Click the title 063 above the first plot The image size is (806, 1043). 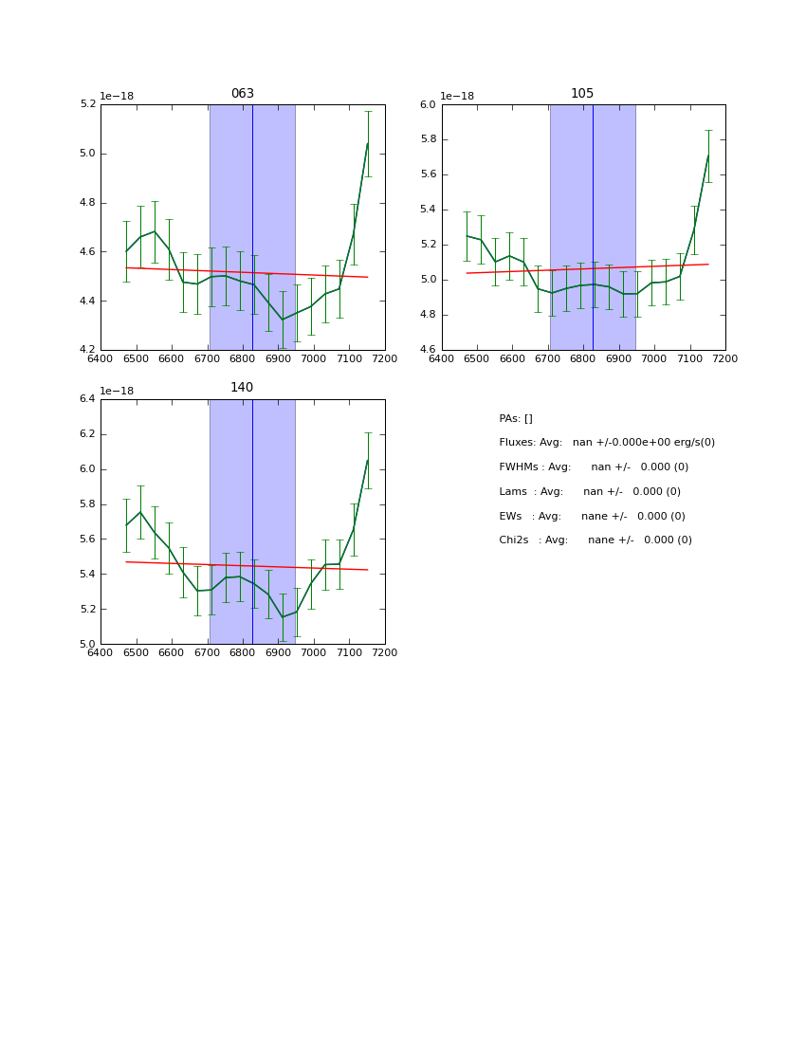tap(242, 94)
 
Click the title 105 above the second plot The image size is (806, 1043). tap(582, 94)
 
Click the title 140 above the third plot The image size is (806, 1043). tap(242, 388)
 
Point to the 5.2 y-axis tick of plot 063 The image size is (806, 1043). tap(86, 104)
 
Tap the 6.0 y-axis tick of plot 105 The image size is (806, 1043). tap(428, 104)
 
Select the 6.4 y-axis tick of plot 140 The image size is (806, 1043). tap(86, 399)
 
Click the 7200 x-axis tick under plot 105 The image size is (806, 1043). tap(725, 358)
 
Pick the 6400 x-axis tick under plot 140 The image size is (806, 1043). tap(101, 652)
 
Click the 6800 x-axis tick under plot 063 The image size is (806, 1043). tap(243, 358)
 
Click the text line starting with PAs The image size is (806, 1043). tap(516, 418)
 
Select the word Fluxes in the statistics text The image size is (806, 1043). tap(517, 443)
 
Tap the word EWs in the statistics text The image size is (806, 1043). tap(510, 516)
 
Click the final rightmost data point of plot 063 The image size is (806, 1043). tap(368, 144)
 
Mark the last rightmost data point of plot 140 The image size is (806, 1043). tap(368, 461)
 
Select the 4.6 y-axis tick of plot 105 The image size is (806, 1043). tap(428, 350)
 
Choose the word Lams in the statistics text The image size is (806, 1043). tap(513, 492)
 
